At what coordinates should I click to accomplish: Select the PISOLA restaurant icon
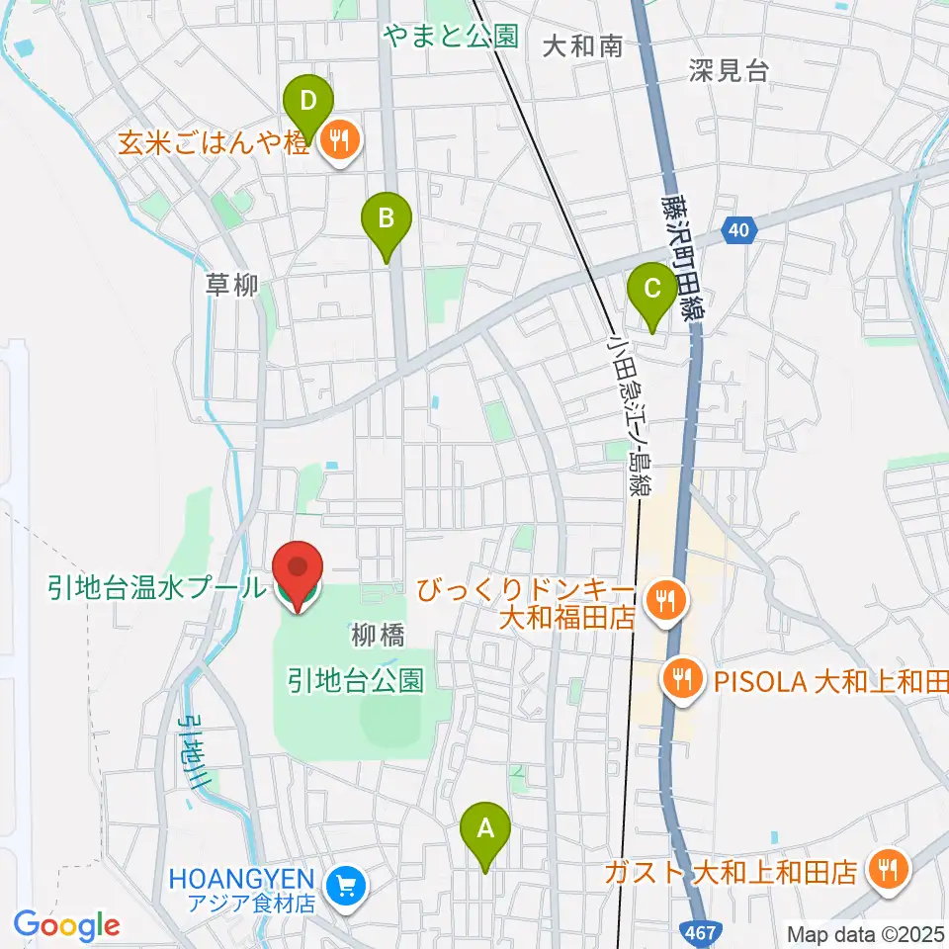click(681, 679)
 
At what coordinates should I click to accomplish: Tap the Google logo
click(67, 925)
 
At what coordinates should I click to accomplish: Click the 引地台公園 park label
click(356, 679)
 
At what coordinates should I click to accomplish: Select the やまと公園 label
click(451, 38)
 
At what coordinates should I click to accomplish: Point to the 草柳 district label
click(232, 286)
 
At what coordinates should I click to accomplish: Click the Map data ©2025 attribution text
click(864, 933)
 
